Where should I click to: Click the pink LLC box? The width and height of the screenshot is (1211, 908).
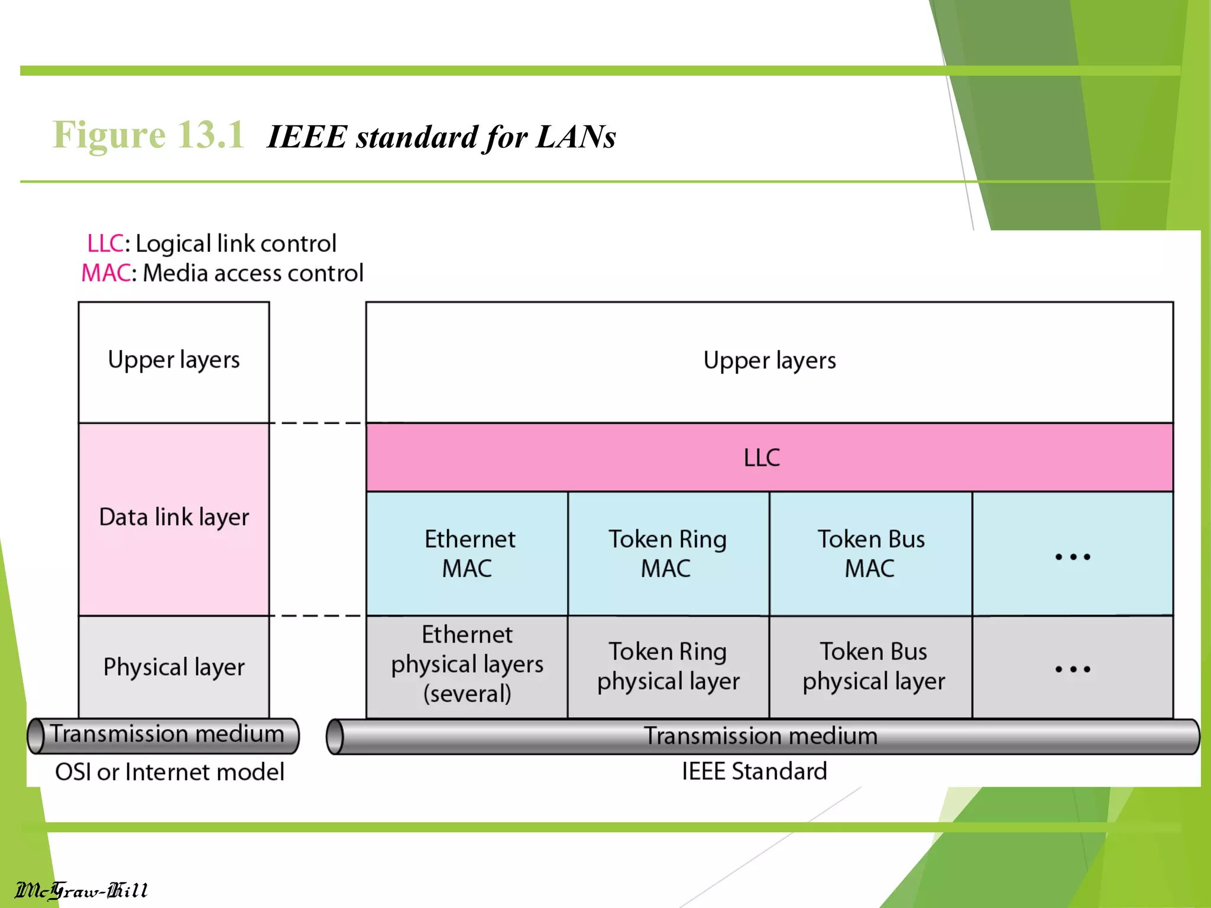tap(769, 457)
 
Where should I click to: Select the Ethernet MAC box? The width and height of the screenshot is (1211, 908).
tap(467, 553)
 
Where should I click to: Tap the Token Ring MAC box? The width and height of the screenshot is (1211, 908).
tap(668, 553)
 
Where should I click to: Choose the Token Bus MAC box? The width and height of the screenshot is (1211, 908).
tap(870, 553)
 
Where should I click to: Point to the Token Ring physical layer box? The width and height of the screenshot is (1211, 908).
tap(668, 666)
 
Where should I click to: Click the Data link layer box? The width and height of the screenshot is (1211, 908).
tap(174, 518)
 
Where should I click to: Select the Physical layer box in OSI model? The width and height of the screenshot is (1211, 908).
tap(174, 667)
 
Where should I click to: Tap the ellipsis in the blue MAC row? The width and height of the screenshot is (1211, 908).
tap(1073, 556)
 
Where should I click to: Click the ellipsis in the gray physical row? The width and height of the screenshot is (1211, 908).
tap(1073, 669)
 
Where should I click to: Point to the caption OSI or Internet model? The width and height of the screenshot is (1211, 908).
tap(170, 772)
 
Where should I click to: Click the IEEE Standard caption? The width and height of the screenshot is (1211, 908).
tap(754, 771)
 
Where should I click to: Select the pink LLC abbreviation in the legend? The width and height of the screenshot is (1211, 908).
tap(105, 244)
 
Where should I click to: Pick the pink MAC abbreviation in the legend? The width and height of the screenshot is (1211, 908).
tap(105, 273)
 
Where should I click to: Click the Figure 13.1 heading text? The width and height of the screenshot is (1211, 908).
tap(148, 135)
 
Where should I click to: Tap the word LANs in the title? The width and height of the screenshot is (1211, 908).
tap(576, 137)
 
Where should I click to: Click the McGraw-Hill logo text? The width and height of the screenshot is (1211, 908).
tap(82, 890)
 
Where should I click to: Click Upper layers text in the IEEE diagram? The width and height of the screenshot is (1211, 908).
tap(769, 360)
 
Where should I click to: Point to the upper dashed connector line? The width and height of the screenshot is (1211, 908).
tap(318, 423)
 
